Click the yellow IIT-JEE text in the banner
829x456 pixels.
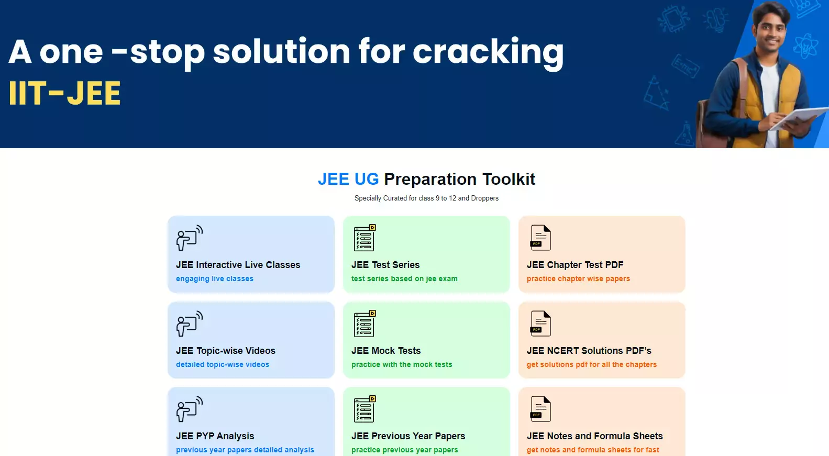[x=64, y=93]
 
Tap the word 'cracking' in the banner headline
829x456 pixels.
[x=488, y=53]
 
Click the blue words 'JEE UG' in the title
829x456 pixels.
[x=348, y=179]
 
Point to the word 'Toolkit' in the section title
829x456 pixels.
[x=509, y=179]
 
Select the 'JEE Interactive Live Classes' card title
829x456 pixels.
[x=238, y=265]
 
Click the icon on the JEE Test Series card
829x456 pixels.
[x=364, y=238]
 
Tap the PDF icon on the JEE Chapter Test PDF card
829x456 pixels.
[x=540, y=238]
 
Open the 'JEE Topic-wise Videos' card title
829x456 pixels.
[x=226, y=351]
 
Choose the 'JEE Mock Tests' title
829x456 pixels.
[x=386, y=351]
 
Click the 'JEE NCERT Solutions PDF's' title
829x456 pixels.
[x=589, y=351]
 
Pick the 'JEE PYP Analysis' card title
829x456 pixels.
[x=215, y=437]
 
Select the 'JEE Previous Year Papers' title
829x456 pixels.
[x=408, y=437]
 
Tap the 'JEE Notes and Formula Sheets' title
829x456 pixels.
[x=595, y=437]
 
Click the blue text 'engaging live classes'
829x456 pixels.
[x=215, y=279]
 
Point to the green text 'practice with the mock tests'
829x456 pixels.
[x=402, y=364]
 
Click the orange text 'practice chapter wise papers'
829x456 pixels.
[x=578, y=279]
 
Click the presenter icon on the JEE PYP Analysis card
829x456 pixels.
[x=190, y=409]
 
